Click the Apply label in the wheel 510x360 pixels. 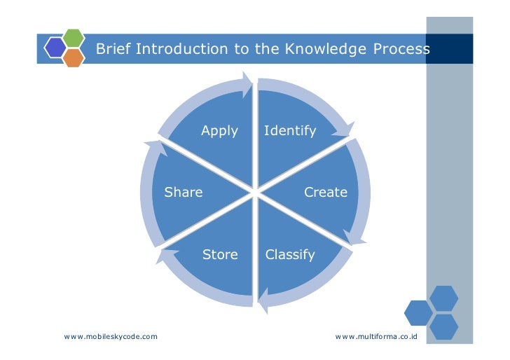pyautogui.click(x=219, y=131)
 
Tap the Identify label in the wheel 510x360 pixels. pyautogui.click(x=290, y=131)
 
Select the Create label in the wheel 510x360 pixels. pyautogui.click(x=326, y=192)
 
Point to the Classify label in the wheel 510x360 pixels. pyautogui.click(x=290, y=254)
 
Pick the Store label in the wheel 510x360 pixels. pyautogui.click(x=220, y=254)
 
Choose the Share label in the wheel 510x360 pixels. pyautogui.click(x=184, y=192)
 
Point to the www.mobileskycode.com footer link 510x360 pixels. pyautogui.click(x=111, y=337)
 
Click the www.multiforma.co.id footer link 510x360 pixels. pyautogui.click(x=376, y=337)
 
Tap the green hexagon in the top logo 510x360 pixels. pyautogui.click(x=74, y=37)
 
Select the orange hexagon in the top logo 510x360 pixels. pyautogui.click(x=74, y=57)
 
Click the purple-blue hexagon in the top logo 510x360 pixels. pyautogui.click(x=55, y=47)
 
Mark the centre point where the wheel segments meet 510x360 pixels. pyautogui.click(x=255, y=192)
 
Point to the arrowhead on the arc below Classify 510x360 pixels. pyautogui.click(x=263, y=303)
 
